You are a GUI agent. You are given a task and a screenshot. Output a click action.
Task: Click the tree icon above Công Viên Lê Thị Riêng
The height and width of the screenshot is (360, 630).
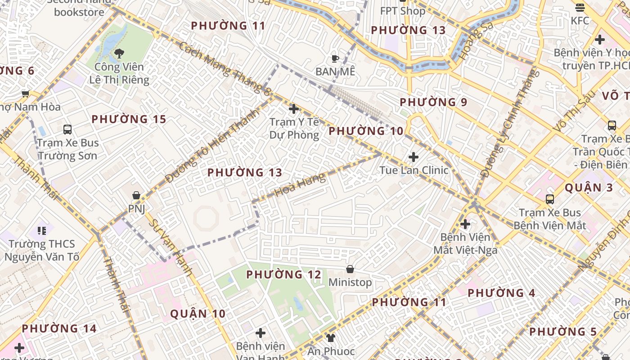[x=119, y=54]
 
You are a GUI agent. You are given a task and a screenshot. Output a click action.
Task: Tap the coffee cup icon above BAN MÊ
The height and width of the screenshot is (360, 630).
[x=335, y=58]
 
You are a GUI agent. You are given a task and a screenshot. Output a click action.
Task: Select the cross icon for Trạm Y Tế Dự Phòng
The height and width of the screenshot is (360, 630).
[x=294, y=109]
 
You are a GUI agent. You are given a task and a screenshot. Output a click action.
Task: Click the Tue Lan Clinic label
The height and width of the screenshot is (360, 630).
[x=414, y=170]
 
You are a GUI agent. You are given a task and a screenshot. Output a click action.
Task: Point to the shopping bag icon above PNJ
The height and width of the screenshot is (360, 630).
[x=136, y=195]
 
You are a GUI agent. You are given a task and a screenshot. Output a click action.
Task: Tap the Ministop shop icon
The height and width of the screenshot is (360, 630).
[x=350, y=269]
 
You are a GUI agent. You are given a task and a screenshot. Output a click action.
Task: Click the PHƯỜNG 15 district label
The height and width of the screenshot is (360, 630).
[x=129, y=120]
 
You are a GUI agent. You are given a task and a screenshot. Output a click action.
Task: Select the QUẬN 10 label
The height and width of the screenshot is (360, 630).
[x=198, y=314]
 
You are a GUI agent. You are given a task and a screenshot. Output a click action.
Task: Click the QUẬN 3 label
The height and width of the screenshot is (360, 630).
[x=589, y=188]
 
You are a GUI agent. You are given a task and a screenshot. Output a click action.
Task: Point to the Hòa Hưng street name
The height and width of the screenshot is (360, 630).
[x=300, y=185]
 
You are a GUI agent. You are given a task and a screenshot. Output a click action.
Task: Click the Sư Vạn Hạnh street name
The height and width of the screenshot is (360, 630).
[x=171, y=247]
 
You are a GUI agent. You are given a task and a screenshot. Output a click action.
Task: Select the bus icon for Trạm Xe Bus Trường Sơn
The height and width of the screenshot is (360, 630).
[x=67, y=130]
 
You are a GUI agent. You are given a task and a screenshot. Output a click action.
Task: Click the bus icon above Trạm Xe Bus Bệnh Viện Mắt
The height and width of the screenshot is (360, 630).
[x=549, y=199]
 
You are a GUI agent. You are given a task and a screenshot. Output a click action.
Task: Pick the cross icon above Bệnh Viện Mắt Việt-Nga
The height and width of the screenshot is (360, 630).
[x=465, y=224]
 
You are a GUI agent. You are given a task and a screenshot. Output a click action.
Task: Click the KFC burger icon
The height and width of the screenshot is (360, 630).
[x=580, y=8]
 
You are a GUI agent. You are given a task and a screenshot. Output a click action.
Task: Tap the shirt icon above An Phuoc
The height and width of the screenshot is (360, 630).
[x=331, y=337]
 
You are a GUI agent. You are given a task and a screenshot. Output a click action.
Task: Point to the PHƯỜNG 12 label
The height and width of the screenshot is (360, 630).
[x=283, y=274]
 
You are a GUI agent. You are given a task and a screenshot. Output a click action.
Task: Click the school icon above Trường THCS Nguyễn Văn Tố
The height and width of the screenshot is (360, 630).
[x=42, y=231]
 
